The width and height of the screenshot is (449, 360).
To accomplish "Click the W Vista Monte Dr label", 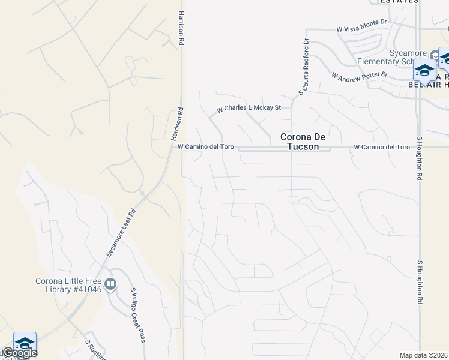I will tap(362, 29).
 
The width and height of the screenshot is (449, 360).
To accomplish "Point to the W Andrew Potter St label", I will tap(360, 76).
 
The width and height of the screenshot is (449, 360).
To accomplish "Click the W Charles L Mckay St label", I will tap(249, 109).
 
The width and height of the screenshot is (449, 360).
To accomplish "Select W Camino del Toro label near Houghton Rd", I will tap(382, 146).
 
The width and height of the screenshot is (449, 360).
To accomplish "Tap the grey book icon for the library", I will tap(110, 284).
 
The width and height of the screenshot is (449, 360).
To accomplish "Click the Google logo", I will tap(19, 353).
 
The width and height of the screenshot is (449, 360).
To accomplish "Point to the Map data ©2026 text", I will tap(424, 355).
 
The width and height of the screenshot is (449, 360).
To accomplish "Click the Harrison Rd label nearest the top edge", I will tap(181, 29).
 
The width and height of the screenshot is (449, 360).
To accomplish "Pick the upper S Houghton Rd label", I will tap(419, 162).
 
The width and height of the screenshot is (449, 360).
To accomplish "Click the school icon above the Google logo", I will tap(25, 342).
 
